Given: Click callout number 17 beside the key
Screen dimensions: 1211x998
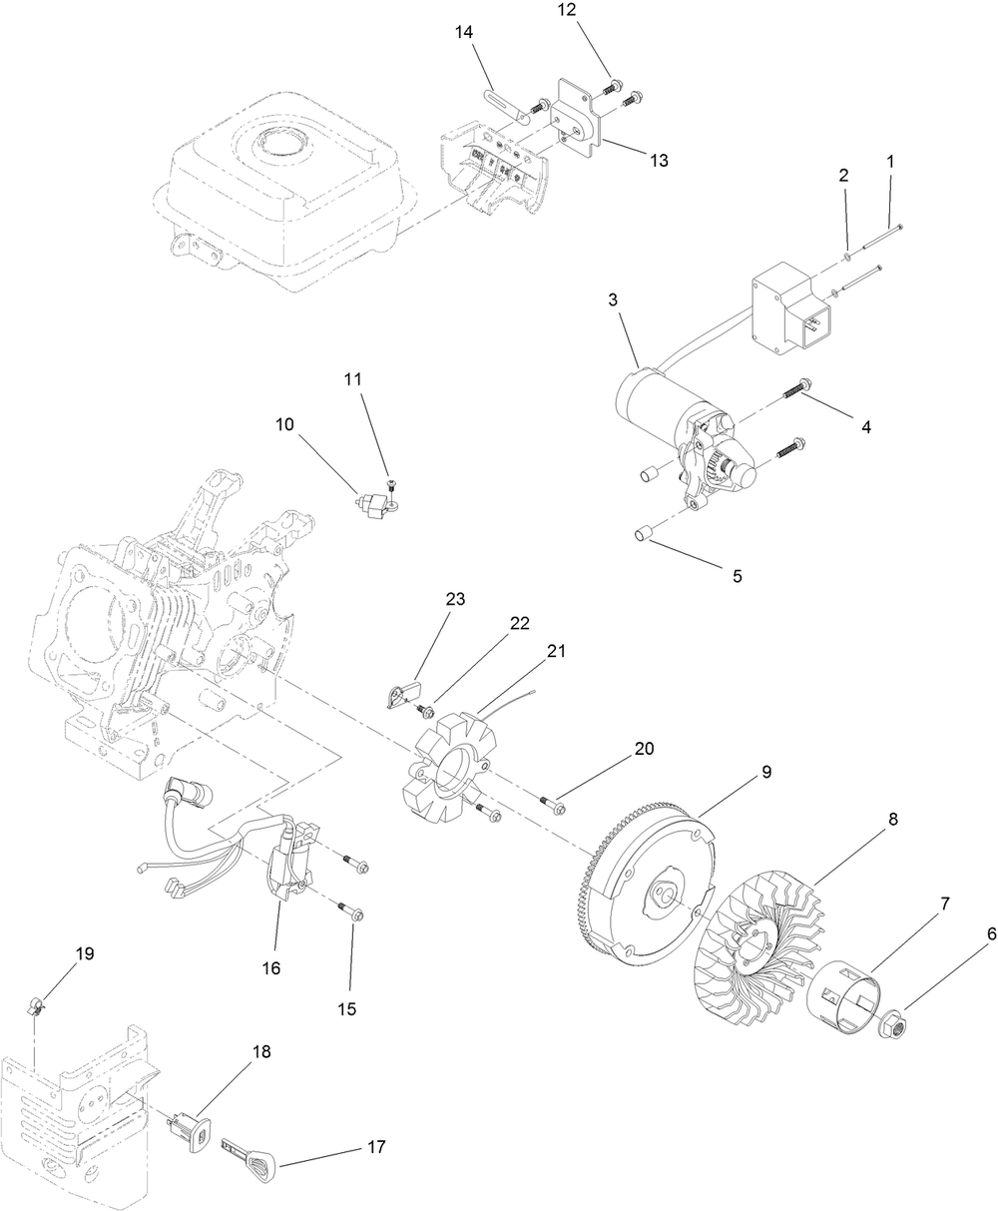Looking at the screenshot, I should pos(375,1147).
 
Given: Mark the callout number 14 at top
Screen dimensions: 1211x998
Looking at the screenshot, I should pos(463,33).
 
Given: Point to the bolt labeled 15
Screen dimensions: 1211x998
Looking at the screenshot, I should pos(352,911).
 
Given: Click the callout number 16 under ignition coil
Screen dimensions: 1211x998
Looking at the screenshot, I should pos(271,967).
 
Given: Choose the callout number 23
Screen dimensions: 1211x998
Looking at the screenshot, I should pos(456,599).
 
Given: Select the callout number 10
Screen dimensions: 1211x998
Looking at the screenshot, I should pos(285,424).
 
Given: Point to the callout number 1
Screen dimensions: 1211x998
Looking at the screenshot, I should pos(890,160).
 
